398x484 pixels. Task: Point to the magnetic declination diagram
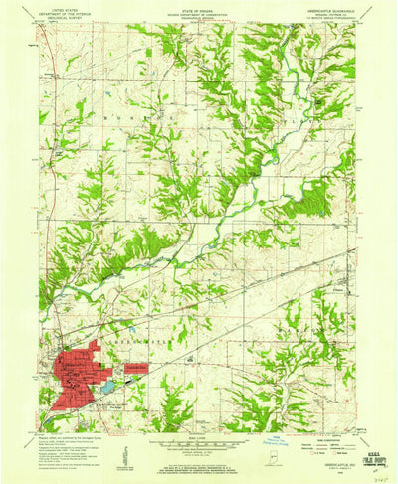pos(118,453)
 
